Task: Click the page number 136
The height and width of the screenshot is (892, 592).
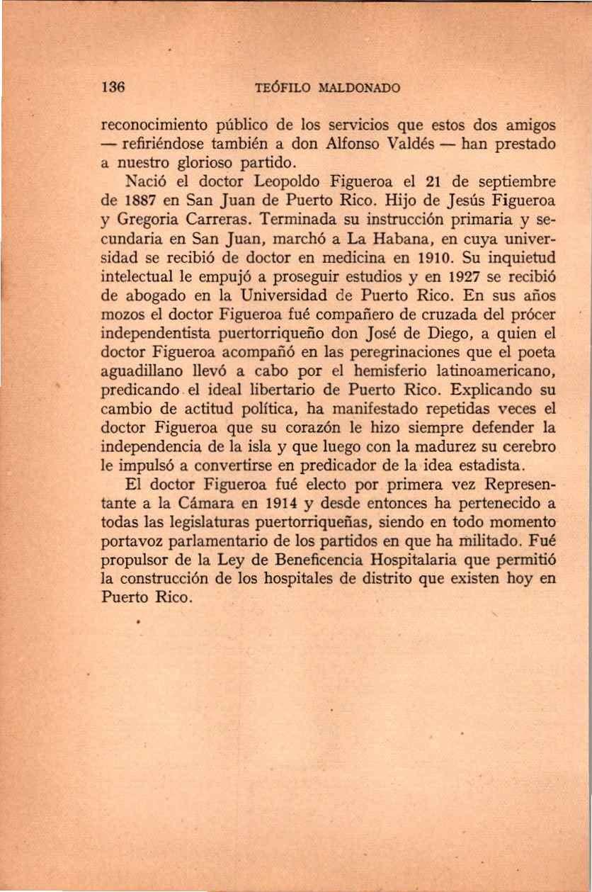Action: tap(114, 88)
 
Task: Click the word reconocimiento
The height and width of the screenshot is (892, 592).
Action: tap(154, 125)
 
